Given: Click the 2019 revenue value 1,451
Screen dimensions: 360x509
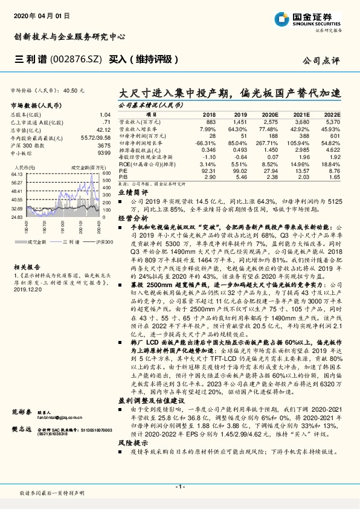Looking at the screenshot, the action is point(240,122).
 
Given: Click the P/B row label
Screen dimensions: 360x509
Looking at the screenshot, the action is point(123,178).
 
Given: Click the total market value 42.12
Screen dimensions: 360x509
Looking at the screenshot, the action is point(103,128).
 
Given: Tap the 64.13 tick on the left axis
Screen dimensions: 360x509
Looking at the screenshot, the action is point(16,174).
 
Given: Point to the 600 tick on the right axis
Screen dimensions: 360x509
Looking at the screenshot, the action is point(106,173).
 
